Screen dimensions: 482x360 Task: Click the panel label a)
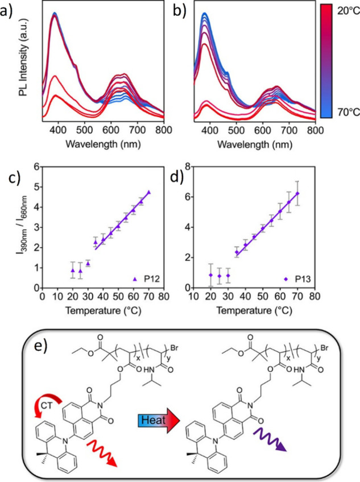tap(9, 10)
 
